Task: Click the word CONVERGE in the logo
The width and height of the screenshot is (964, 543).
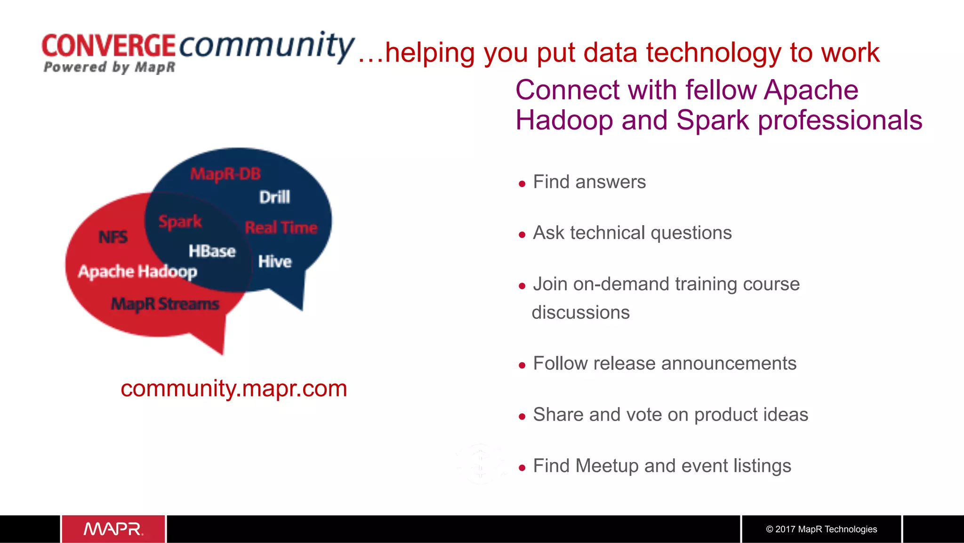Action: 108,46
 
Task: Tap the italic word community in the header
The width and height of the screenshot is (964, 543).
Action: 266,46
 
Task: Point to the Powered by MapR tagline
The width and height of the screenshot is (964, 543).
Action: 109,67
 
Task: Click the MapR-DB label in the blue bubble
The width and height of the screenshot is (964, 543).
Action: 225,174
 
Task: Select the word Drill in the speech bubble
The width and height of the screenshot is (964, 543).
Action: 274,197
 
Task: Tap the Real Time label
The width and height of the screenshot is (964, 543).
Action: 281,227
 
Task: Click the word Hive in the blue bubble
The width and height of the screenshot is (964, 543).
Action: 275,261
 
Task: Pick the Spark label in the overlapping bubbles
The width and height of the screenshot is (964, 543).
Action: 180,221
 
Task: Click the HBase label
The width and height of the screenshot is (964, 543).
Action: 212,251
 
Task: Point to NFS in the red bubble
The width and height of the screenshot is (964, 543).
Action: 113,237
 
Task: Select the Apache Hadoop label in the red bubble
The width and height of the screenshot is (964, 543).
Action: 137,272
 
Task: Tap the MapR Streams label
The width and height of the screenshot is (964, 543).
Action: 165,304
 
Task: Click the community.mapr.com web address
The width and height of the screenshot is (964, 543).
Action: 233,389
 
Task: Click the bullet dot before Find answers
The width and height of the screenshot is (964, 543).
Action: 522,184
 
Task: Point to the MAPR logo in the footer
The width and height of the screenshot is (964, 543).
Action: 113,529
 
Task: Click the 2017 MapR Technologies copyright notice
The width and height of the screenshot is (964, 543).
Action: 821,529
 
